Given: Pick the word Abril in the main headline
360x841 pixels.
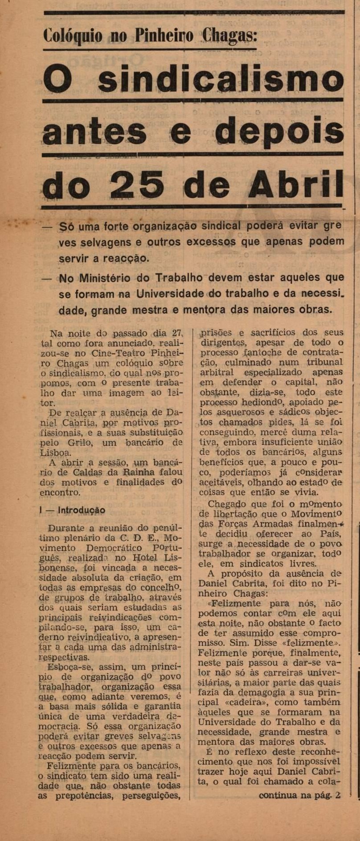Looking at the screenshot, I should click(296, 184).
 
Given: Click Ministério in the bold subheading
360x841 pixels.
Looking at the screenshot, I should click(105, 278).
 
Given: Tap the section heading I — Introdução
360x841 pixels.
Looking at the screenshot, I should click(72, 510).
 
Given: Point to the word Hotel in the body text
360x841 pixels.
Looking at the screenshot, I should click(147, 558).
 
